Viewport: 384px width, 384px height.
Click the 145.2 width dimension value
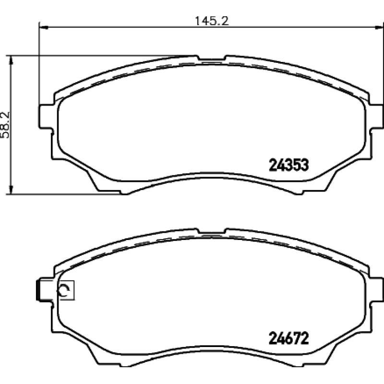coord(212,21)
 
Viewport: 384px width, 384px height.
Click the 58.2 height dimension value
coord(5,125)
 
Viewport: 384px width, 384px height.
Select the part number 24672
coord(288,338)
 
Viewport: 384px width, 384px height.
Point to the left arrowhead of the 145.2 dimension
coord(43,27)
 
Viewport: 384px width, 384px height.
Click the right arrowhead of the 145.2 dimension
coord(379,27)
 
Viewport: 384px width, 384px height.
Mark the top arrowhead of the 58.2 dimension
coord(10,60)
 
